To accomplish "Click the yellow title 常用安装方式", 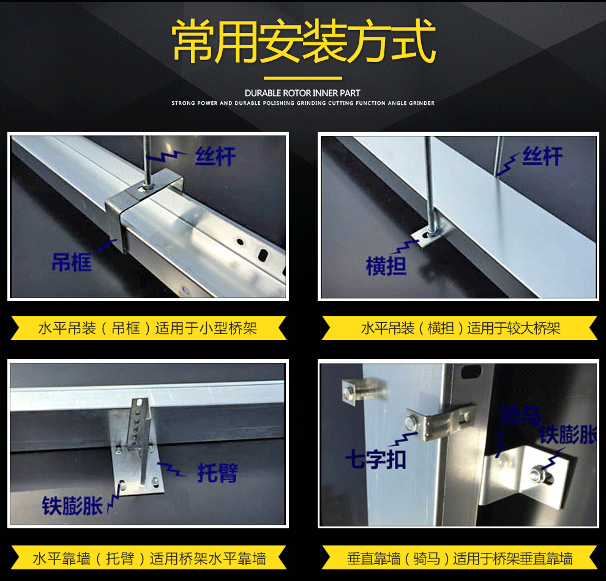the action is [x=304, y=42].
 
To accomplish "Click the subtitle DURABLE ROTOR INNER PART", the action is [x=302, y=93].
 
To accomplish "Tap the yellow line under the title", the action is [x=302, y=78].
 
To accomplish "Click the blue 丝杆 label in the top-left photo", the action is [x=215, y=156].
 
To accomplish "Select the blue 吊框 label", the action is [x=72, y=262].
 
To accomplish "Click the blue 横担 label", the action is [x=386, y=266].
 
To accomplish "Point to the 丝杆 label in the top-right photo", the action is [x=542, y=156].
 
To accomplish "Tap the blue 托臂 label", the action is [x=218, y=473].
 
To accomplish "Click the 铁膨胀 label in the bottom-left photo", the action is [x=72, y=506].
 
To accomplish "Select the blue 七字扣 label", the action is [x=376, y=460].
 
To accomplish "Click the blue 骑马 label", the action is [x=520, y=416].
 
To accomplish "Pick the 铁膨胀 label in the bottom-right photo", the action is [x=567, y=435].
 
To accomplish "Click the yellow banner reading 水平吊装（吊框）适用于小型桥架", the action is [x=148, y=328].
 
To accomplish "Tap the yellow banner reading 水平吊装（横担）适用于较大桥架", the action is [x=460, y=328].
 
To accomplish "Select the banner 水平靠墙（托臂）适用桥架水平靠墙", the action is [x=148, y=558].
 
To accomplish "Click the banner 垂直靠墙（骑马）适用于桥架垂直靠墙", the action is [x=460, y=558].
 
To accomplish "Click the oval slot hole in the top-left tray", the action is [x=263, y=255].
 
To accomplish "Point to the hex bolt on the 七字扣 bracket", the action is [x=411, y=422].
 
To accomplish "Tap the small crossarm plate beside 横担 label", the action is [x=426, y=236].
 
